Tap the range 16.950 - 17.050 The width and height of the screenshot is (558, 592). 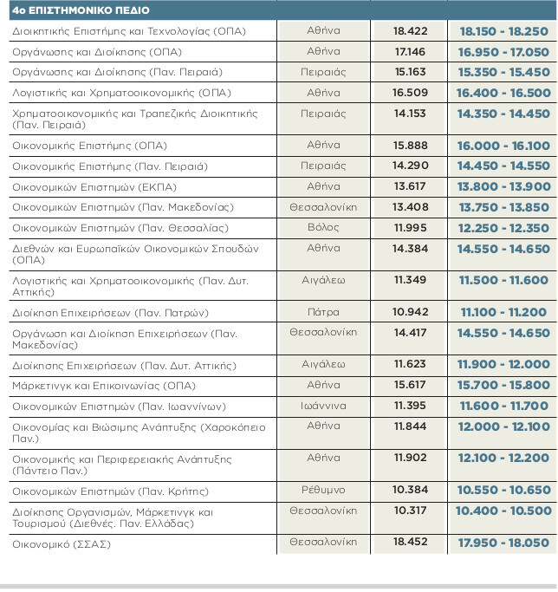click(503, 52)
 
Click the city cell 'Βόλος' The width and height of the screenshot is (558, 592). click(323, 227)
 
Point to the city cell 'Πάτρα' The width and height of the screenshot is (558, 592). click(323, 311)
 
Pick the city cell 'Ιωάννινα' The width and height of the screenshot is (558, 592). click(323, 406)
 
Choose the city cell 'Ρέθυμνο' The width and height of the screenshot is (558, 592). click(323, 490)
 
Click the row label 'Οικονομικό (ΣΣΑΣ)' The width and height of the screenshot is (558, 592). click(62, 544)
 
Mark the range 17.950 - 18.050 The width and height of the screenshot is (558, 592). click(503, 543)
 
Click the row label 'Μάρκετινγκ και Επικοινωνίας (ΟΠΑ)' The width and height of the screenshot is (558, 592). click(104, 385)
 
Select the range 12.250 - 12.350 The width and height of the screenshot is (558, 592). click(503, 228)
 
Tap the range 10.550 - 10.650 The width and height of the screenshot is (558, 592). click(503, 491)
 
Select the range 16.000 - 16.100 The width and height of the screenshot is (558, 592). click(503, 146)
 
